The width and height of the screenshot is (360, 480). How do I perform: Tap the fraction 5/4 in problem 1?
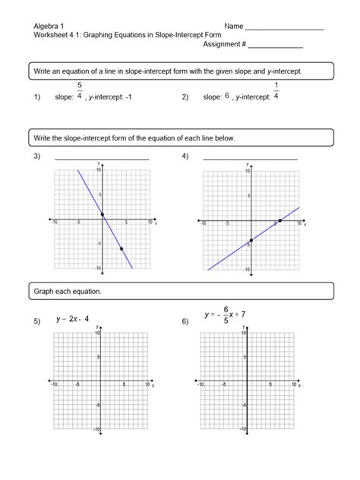[79, 90]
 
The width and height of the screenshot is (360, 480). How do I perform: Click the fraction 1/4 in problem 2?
[276, 90]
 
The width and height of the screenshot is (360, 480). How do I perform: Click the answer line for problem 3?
[102, 159]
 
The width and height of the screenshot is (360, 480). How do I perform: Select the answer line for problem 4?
[250, 159]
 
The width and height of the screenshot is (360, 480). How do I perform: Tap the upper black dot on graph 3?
[103, 214]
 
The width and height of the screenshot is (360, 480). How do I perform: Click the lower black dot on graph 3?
[122, 249]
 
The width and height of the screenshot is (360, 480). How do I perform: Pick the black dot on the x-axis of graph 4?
[279, 220]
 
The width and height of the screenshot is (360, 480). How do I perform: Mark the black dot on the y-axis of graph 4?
[251, 240]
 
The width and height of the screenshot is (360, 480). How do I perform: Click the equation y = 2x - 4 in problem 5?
[73, 320]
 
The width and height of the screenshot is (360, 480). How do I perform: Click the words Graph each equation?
[67, 292]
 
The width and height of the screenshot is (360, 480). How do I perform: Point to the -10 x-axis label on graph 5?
[53, 385]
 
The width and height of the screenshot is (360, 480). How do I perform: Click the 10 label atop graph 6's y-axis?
[243, 333]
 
